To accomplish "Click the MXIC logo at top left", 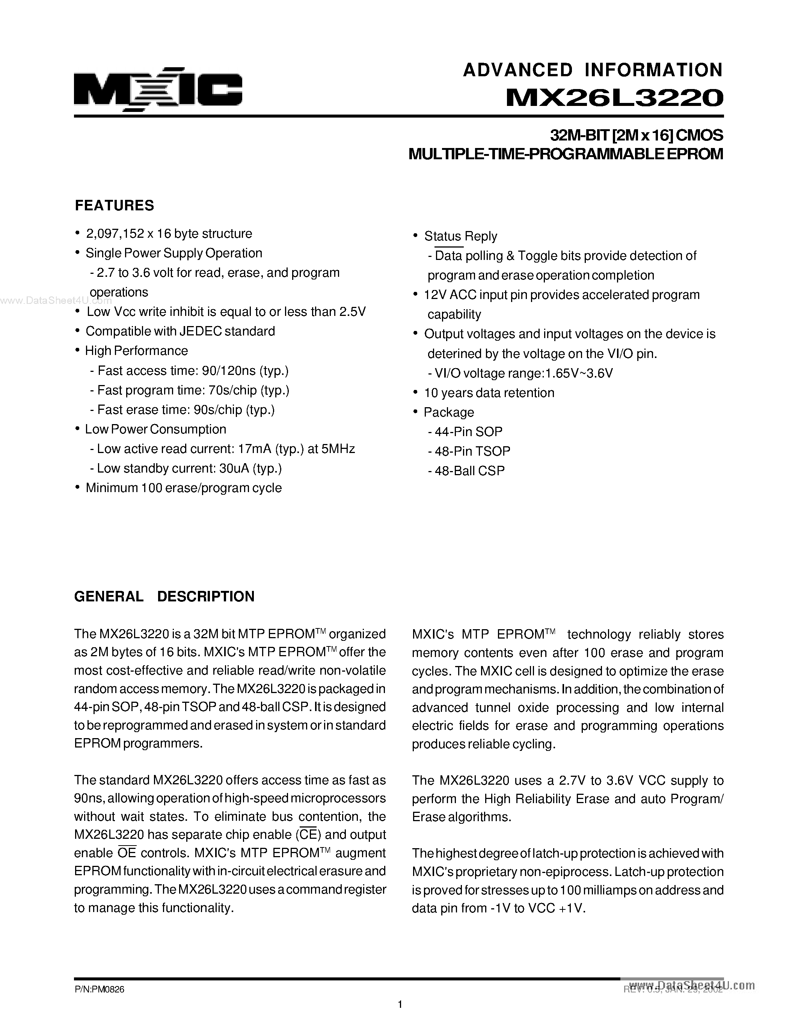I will click(158, 89).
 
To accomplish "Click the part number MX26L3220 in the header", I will click(614, 97).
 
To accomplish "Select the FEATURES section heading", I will click(115, 205).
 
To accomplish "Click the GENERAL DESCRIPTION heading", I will click(164, 597).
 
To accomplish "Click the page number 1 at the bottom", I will click(400, 1004).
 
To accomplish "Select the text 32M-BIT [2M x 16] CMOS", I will click(636, 136).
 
